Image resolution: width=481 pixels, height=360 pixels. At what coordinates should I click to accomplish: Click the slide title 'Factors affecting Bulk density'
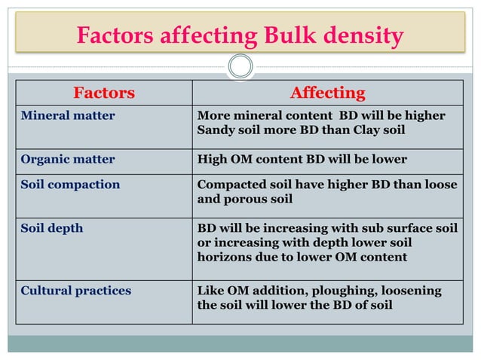pos(240,35)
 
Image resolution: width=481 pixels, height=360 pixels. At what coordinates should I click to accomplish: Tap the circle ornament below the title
pos(240,68)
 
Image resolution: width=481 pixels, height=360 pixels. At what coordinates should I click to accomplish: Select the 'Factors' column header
pos(104,93)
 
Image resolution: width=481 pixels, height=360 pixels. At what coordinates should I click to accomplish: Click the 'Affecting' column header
pos(327,93)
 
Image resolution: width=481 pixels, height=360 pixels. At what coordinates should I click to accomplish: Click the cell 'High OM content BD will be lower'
pos(302,160)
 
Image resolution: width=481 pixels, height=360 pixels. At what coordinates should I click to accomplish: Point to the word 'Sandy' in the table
pos(215,130)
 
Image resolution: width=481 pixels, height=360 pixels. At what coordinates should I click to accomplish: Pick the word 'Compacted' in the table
pos(228,185)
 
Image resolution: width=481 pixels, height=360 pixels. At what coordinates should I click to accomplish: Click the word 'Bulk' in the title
pos(302,35)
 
